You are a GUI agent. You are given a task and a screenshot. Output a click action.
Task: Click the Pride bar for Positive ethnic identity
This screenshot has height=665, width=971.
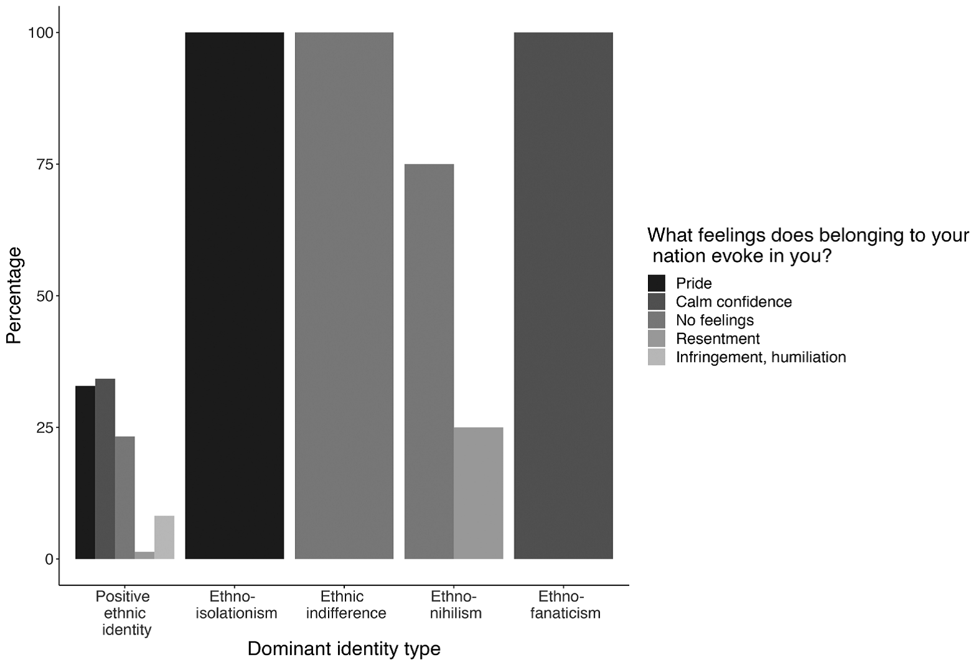(x=85, y=472)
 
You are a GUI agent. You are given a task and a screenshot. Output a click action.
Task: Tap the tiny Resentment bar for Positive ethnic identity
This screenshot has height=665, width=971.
(x=144, y=555)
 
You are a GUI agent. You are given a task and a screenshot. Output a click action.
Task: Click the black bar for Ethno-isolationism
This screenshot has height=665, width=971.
(x=235, y=295)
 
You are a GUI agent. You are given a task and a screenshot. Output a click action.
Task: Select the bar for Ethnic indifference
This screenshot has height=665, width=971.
(x=344, y=295)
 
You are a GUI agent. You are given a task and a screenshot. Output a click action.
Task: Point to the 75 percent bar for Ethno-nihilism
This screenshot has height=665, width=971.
(x=429, y=361)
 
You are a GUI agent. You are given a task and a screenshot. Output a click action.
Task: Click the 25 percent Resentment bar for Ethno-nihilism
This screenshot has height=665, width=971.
(x=478, y=493)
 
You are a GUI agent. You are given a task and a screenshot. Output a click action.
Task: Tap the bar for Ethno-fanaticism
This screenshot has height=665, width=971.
(x=563, y=295)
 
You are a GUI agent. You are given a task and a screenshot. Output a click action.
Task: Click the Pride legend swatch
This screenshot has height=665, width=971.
(x=656, y=283)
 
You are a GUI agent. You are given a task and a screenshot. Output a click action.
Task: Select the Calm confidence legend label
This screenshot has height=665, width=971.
(x=734, y=302)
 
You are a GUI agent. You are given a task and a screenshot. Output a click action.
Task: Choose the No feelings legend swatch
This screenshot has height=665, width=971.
(x=656, y=320)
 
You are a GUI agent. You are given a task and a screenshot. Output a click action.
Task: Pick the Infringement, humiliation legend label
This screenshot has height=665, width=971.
(x=761, y=357)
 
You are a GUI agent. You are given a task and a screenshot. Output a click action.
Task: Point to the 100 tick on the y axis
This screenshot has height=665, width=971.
(x=42, y=32)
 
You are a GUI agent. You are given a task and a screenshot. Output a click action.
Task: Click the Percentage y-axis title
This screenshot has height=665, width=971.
(x=14, y=295)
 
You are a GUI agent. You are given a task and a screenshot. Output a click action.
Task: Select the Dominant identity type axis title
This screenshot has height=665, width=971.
(x=344, y=649)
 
